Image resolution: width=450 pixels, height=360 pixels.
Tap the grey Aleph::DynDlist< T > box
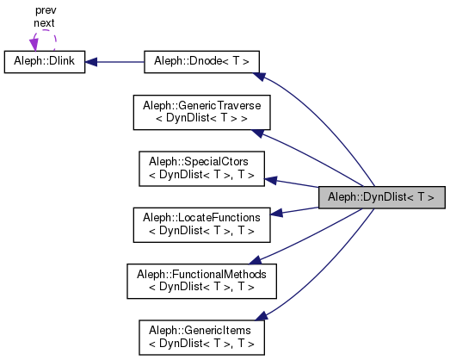(x=381, y=196)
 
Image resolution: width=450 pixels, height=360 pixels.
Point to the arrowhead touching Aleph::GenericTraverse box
(x=255, y=133)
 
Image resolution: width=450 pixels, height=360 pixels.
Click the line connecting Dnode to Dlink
(x=120, y=62)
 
